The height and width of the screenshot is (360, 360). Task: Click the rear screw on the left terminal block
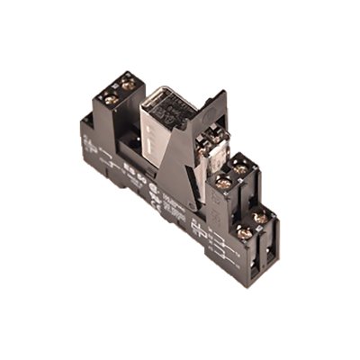point(130,83)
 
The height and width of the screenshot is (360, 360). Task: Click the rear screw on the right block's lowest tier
point(261,217)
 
